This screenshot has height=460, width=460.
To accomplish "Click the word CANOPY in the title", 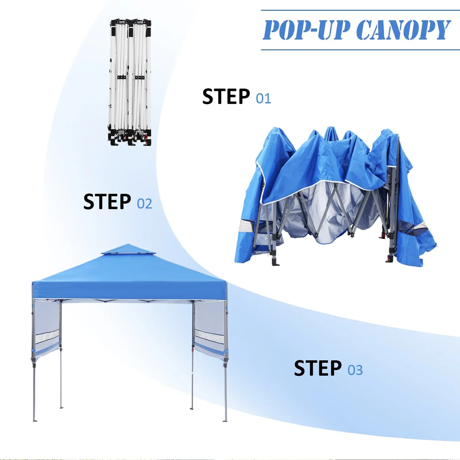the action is coord(403,30).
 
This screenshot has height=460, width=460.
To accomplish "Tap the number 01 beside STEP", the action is coord(263,99).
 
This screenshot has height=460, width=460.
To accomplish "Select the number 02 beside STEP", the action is coord(145,204).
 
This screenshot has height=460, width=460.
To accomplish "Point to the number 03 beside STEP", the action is coord(355,370).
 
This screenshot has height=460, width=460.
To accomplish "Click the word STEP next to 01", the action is coord(226,97).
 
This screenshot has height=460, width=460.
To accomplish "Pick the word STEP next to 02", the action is coord(107,202).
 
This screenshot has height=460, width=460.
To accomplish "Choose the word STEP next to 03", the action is coord(317,368).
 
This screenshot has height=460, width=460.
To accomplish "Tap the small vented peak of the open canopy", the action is coord(129,249).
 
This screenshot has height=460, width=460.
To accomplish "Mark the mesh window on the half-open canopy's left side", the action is coord(245,225).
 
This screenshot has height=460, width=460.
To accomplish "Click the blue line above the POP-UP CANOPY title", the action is coord(360,10).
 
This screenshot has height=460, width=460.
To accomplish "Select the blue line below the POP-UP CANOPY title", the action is coord(360,50).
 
